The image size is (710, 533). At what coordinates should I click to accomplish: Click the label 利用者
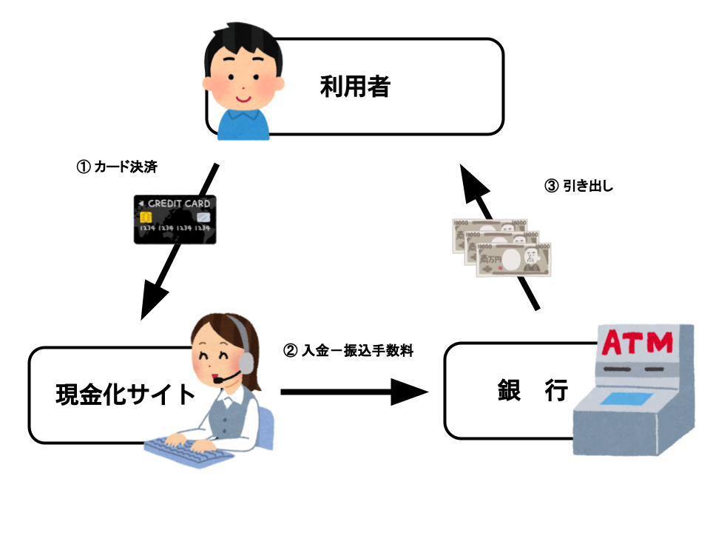[355, 87]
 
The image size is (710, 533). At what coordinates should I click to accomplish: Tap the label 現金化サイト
[126, 394]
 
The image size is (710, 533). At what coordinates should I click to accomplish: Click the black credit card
[175, 220]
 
